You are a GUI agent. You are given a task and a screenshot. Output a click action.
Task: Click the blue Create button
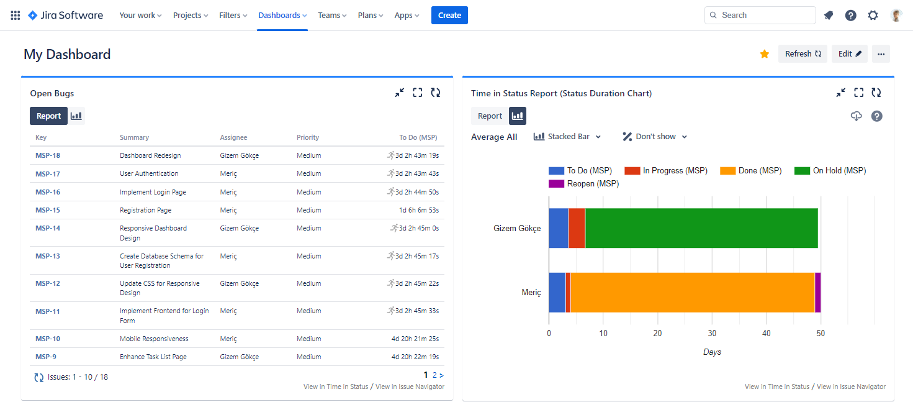pyautogui.click(x=449, y=16)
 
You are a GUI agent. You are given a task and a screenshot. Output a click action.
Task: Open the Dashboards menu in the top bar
pyautogui.click(x=282, y=16)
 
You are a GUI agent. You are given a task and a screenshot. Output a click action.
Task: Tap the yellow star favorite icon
pyautogui.click(x=765, y=54)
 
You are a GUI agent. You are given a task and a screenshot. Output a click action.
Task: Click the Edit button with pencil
pyautogui.click(x=850, y=54)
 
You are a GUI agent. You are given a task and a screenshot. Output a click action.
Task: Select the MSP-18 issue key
pyautogui.click(x=48, y=155)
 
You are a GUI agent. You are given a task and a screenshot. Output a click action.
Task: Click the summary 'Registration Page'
pyautogui.click(x=145, y=210)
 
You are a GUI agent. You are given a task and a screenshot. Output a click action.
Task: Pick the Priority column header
pyautogui.click(x=308, y=137)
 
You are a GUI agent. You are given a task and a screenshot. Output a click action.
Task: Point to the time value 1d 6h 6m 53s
pyautogui.click(x=419, y=210)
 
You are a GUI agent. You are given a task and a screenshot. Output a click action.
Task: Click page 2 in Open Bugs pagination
pyautogui.click(x=434, y=375)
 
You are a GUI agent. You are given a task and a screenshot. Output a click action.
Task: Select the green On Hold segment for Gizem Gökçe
pyautogui.click(x=701, y=228)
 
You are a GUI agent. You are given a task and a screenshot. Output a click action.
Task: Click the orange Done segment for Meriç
pyautogui.click(x=692, y=292)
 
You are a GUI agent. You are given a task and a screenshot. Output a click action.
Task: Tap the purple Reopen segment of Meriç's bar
pyautogui.click(x=817, y=292)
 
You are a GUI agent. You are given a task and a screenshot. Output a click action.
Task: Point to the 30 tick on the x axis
pyautogui.click(x=712, y=334)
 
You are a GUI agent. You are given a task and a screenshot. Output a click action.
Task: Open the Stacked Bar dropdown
pyautogui.click(x=567, y=137)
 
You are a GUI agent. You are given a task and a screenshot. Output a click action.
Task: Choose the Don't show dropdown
pyautogui.click(x=655, y=137)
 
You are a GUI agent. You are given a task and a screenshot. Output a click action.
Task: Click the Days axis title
pyautogui.click(x=712, y=352)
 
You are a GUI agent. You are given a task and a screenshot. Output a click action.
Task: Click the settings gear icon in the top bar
pyautogui.click(x=873, y=16)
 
